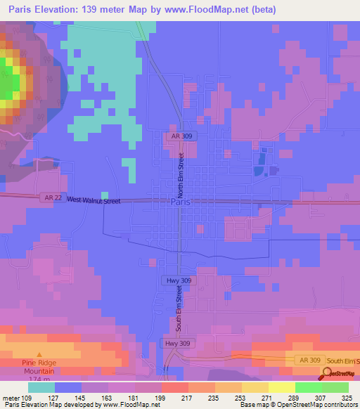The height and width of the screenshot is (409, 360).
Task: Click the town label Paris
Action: tap(180, 202)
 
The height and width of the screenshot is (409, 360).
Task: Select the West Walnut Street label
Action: tap(94, 200)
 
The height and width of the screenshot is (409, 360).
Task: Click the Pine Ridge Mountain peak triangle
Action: tap(39, 355)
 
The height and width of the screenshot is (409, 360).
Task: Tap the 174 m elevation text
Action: tap(40, 379)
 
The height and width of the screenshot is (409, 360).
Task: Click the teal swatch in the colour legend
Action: tap(41, 387)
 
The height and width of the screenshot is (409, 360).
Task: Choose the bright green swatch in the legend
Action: tap(308, 387)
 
